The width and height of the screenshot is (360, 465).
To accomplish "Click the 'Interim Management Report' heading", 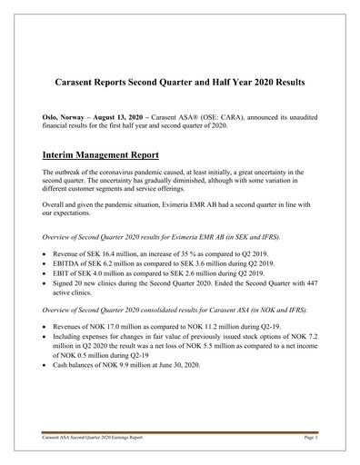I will tap(104, 154).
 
